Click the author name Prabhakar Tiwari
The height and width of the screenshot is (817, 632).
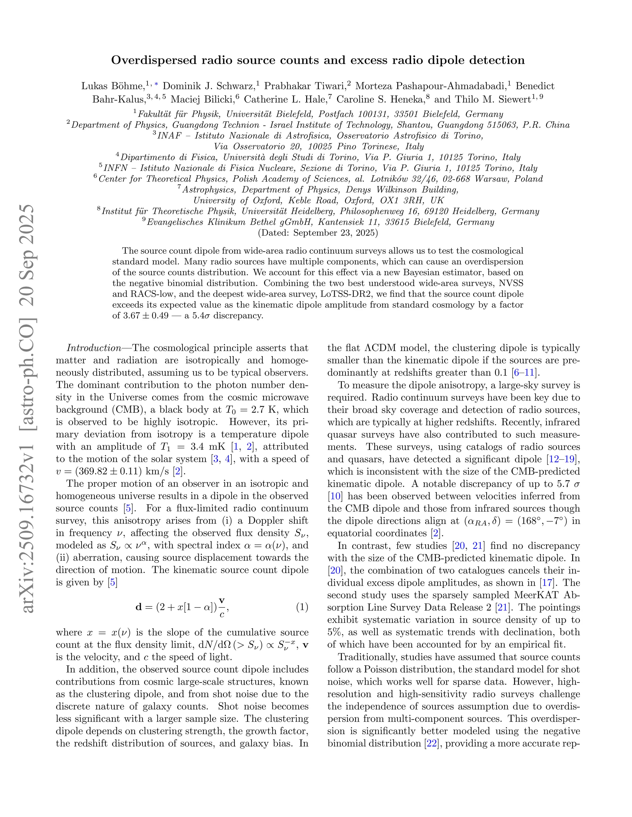coord(304,86)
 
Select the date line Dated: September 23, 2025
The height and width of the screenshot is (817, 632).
coord(318,233)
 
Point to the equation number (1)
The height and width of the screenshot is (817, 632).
coord(302,607)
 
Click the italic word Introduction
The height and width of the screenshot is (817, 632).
coord(94,348)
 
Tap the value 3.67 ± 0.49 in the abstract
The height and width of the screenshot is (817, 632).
coord(145,315)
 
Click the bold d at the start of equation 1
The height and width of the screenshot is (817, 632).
coord(139,607)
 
